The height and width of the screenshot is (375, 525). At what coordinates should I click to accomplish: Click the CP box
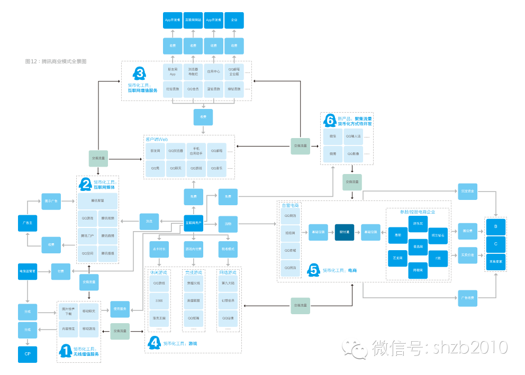tap(28, 353)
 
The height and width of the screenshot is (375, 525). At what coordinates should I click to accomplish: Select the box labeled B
tap(495, 226)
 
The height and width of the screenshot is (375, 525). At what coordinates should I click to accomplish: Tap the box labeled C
tap(495, 244)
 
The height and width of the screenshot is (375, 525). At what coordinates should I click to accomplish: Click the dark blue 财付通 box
tap(344, 232)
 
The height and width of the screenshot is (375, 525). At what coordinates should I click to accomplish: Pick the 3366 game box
tap(159, 301)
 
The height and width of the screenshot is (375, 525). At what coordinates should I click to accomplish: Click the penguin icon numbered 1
tap(65, 350)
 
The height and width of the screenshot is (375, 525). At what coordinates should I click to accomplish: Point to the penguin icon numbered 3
tap(140, 74)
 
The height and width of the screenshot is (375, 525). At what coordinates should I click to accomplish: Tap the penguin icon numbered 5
tap(313, 270)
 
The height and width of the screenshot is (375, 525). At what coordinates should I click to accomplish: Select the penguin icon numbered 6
tap(330, 121)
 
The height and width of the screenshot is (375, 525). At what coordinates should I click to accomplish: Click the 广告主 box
tap(28, 223)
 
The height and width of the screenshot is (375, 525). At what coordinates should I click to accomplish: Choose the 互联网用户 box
tap(194, 223)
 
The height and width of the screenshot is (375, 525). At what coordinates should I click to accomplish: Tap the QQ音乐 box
tap(216, 168)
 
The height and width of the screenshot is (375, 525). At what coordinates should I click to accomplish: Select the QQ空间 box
tap(88, 253)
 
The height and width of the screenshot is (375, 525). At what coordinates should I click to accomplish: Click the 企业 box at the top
tap(234, 20)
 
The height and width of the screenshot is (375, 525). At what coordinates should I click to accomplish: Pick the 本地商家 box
tap(495, 261)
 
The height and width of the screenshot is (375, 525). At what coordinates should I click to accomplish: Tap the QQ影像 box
tap(353, 154)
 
